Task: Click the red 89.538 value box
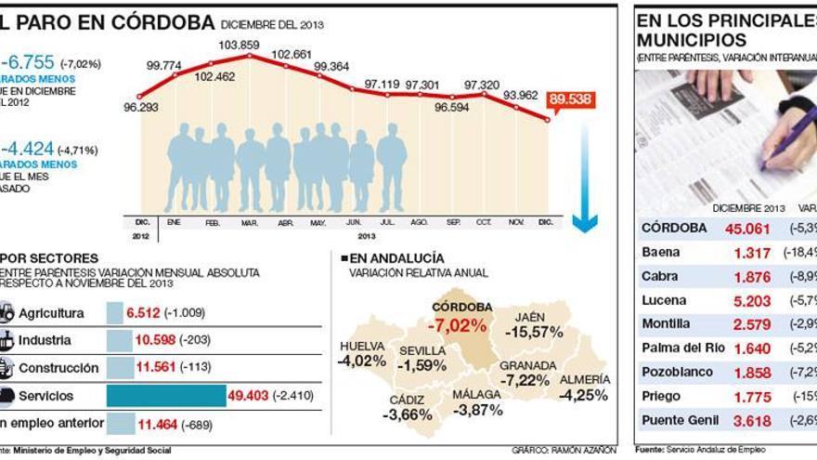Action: (x=570, y=99)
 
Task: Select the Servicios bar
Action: (x=166, y=396)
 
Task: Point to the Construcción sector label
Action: (x=58, y=368)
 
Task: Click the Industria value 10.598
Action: (x=155, y=340)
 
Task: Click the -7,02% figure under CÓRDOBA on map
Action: (x=457, y=325)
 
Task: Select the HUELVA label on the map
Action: (x=362, y=346)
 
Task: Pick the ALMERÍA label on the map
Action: (x=585, y=379)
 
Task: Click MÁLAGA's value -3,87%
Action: (x=477, y=409)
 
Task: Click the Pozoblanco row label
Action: (x=678, y=372)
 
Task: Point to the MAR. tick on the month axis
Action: (x=249, y=223)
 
